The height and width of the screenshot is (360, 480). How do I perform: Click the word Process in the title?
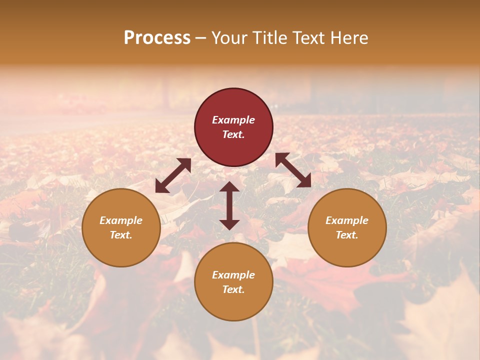coord(157,38)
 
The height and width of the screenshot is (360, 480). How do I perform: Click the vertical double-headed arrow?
coord(229,205)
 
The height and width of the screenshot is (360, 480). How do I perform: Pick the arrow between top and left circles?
coord(173,175)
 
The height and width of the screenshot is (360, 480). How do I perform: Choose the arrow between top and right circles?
coord(293,170)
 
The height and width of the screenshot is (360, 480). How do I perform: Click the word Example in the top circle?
coord(233,120)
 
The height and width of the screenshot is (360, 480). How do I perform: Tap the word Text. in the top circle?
coord(233,134)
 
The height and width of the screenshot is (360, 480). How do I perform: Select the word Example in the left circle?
coord(121,220)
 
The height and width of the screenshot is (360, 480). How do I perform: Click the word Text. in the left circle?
coord(121,235)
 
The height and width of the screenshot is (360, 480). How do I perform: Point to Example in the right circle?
coord(347,220)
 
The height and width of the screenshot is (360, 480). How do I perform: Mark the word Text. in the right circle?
coord(347,235)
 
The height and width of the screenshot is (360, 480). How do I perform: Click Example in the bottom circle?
coord(233,275)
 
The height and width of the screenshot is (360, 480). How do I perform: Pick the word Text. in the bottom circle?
coord(233,289)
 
